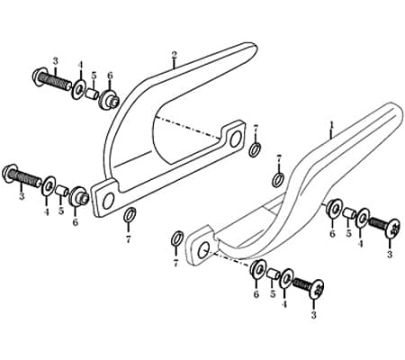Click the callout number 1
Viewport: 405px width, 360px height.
pyautogui.click(x=331, y=124)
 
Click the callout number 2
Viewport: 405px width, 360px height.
pyautogui.click(x=174, y=55)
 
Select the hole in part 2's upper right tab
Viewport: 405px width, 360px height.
pyautogui.click(x=236, y=139)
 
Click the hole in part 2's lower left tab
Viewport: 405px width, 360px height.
pyautogui.click(x=108, y=201)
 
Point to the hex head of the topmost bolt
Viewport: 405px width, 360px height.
pyautogui.click(x=39, y=77)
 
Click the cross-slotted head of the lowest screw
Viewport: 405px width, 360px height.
pyautogui.click(x=317, y=289)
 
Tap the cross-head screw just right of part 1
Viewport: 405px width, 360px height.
pyautogui.click(x=392, y=228)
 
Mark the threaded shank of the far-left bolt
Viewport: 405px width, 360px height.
pyautogui.click(x=24, y=176)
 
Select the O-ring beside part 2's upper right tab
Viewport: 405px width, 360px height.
pyautogui.click(x=255, y=149)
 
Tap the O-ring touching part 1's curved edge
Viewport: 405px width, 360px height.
pyautogui.click(x=279, y=179)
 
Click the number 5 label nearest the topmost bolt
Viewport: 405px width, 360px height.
pyautogui.click(x=94, y=76)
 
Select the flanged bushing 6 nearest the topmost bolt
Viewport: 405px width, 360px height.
pyautogui.click(x=109, y=100)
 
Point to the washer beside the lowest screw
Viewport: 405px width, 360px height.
pyautogui.click(x=287, y=278)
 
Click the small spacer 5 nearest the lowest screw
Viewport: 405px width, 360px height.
pyautogui.click(x=272, y=274)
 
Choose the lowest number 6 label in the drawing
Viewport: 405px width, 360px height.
pyautogui.click(x=256, y=294)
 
